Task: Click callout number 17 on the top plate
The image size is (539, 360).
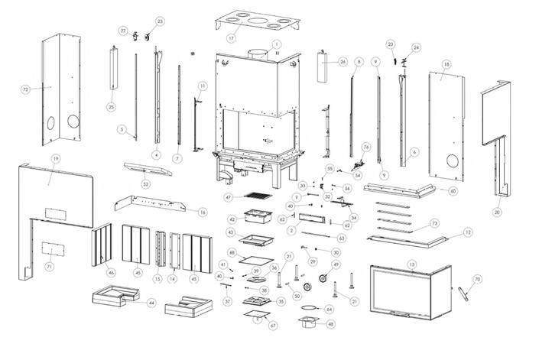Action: pos(231,37)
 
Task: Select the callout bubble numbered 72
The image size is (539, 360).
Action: pos(25,89)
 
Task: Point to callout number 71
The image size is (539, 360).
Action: pos(50,267)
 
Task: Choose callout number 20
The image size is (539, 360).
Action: pos(497,212)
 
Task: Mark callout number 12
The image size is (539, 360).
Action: pos(468,232)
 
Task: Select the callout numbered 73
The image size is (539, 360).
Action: pos(434,223)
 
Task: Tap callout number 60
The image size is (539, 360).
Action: pos(453,190)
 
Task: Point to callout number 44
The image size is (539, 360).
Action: pos(151,303)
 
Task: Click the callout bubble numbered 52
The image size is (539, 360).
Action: pos(145,183)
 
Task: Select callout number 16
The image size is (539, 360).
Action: pos(203,212)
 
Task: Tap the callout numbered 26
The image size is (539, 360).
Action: pos(343,60)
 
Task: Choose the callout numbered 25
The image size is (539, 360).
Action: pos(111,106)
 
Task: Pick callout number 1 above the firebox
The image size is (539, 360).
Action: pos(277,44)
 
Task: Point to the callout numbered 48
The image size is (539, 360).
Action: pos(330,323)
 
